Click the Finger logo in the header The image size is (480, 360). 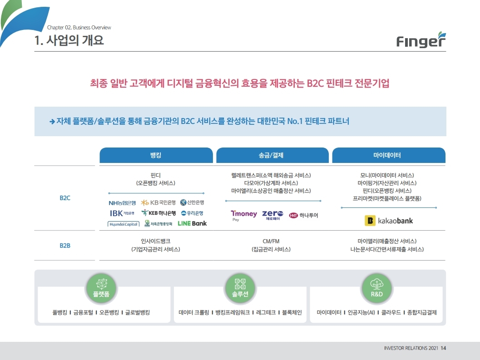[421, 40]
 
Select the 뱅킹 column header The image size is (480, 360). [156, 155]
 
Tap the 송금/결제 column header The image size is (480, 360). [271, 155]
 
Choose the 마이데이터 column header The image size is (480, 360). [389, 155]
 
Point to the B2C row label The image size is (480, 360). [65, 198]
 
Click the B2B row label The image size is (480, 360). [65, 246]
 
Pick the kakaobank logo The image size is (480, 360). [389, 221]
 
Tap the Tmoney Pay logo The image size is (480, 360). [244, 215]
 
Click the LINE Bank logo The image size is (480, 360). [192, 223]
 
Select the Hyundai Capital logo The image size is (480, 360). [124, 224]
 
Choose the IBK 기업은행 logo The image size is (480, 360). [122, 213]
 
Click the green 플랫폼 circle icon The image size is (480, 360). [101, 288]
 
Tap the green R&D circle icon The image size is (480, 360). [376, 288]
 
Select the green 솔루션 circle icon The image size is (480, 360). [240, 288]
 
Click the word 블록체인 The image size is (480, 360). [292, 312]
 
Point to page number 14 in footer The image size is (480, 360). [443, 348]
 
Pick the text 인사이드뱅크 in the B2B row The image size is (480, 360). [156, 241]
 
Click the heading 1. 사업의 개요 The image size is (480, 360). [69, 40]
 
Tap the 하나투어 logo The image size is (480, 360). [304, 215]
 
